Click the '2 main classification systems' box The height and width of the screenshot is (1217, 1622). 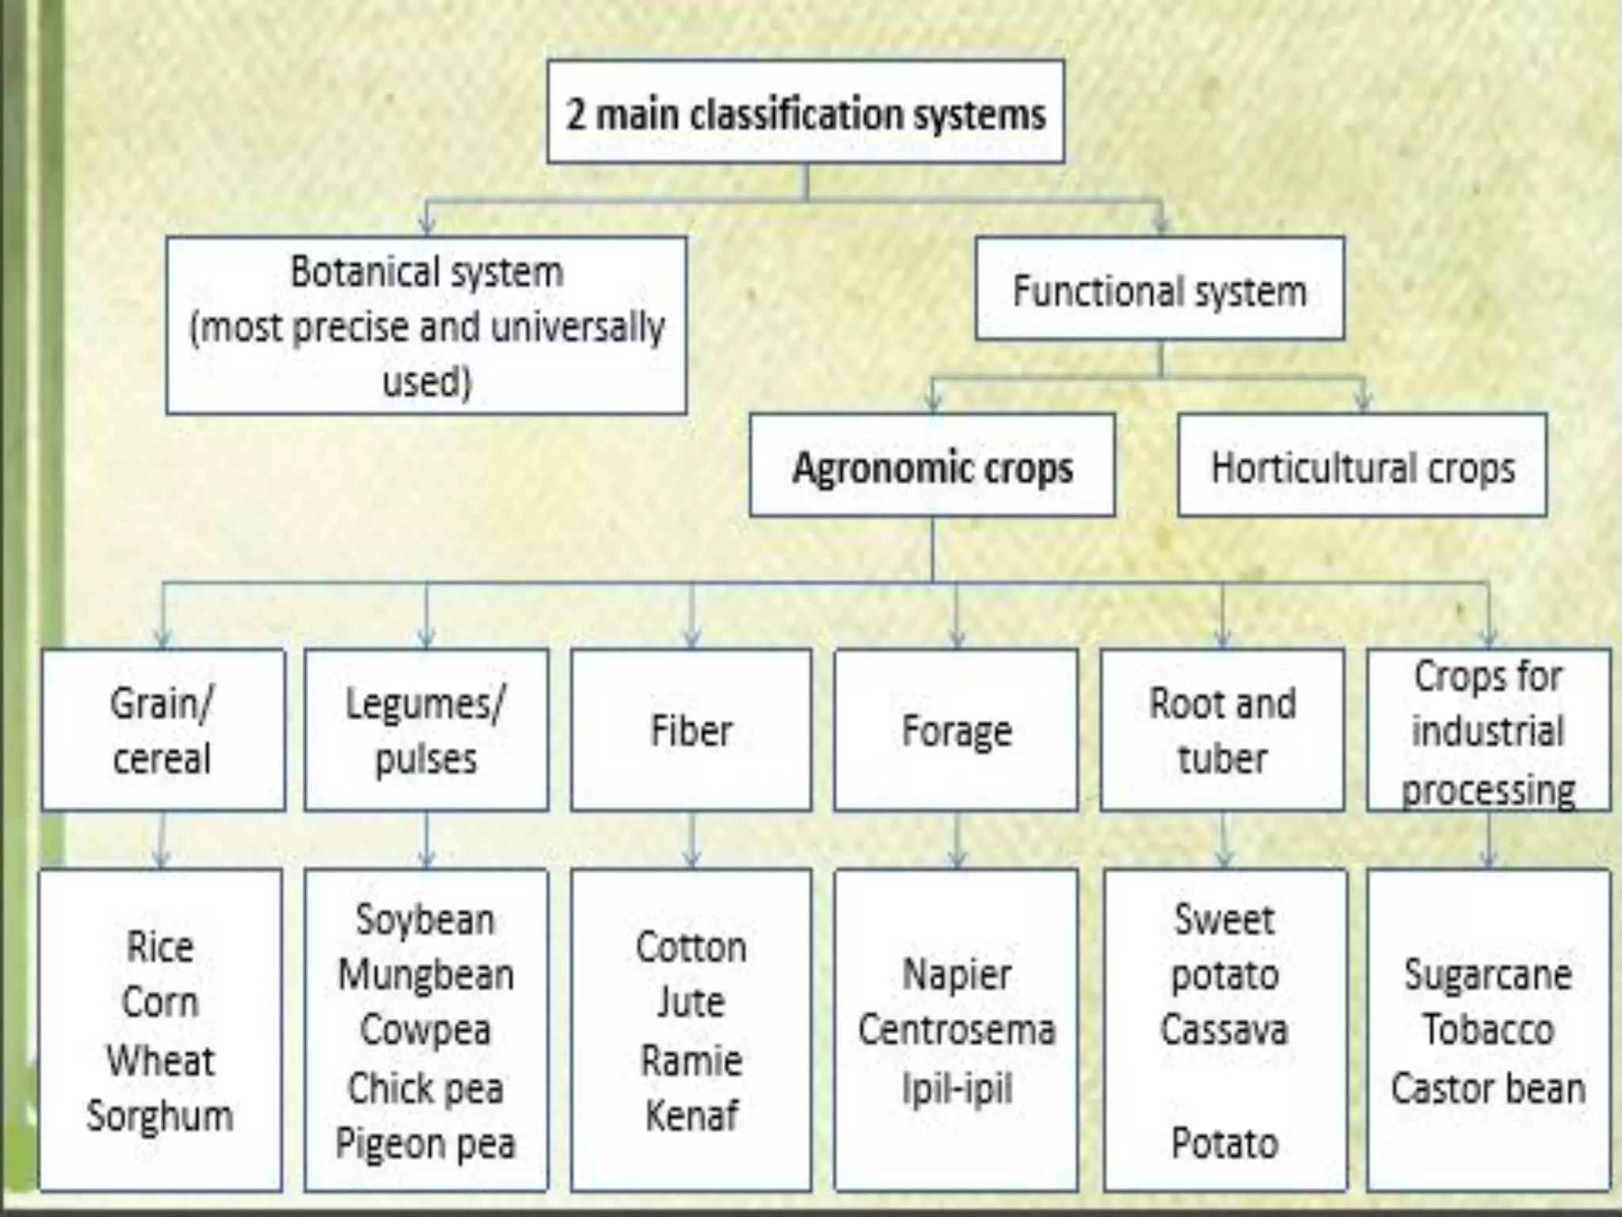[x=805, y=113]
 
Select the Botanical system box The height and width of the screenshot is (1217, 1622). [x=426, y=326]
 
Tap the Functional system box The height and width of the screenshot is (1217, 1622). [x=1159, y=290]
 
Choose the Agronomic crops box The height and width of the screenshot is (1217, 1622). [x=932, y=466]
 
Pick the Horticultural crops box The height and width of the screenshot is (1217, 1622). [x=1362, y=466]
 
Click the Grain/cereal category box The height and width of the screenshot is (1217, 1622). [x=162, y=730]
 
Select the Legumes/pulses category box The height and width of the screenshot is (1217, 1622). [x=426, y=730]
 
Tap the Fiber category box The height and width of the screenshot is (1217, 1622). [x=691, y=730]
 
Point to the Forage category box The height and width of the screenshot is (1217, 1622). [x=956, y=730]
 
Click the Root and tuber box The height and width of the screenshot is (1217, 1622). [x=1222, y=730]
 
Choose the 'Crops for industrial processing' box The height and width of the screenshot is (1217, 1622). [x=1488, y=730]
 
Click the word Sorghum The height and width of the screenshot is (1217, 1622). [x=160, y=1116]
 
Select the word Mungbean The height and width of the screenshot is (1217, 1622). [x=426, y=975]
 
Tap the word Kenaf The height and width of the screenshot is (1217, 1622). [x=691, y=1116]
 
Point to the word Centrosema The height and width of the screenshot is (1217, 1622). [x=957, y=1030]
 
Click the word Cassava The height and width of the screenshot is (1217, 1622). [x=1224, y=1030]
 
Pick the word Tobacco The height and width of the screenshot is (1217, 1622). [x=1488, y=1030]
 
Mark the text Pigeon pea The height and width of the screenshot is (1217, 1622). [x=426, y=1143]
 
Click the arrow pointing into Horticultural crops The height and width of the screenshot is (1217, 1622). [x=1362, y=396]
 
